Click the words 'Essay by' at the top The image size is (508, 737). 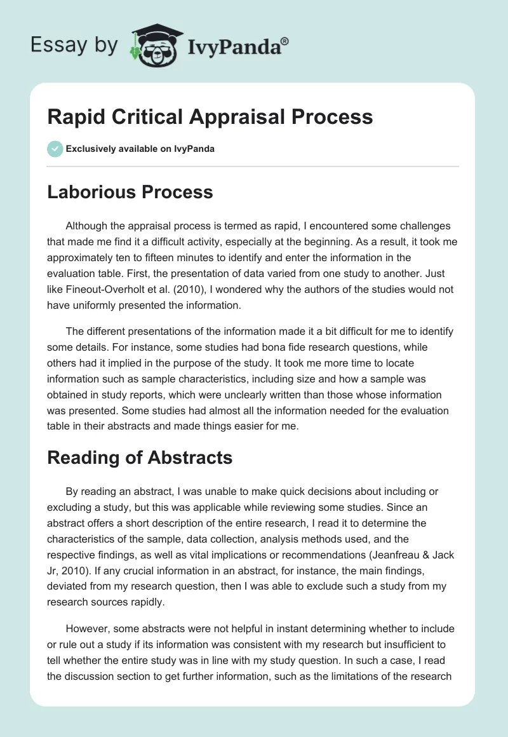pos(73,45)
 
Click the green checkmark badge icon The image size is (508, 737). pos(55,149)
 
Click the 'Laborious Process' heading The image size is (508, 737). pos(130,192)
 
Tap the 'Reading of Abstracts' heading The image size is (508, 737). pos(140,457)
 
